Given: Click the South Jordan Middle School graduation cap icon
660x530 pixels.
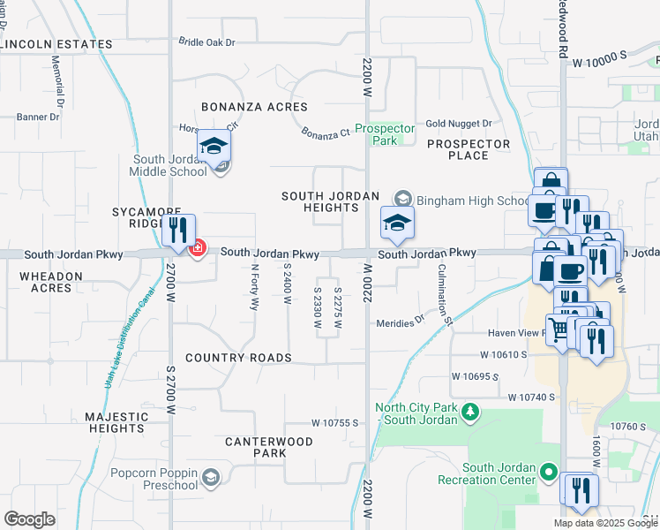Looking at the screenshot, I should [x=214, y=147].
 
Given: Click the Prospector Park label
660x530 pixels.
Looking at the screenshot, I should [x=385, y=134].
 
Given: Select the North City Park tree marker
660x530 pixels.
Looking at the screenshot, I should [x=471, y=411].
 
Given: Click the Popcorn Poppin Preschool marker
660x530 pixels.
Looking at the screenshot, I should [x=211, y=478].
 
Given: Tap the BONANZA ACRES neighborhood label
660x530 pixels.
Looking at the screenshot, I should [x=254, y=107].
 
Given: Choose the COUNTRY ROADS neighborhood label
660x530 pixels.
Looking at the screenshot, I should [x=238, y=358].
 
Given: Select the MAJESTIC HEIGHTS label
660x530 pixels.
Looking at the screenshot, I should [x=116, y=422].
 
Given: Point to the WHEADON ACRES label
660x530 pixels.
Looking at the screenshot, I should [x=51, y=282].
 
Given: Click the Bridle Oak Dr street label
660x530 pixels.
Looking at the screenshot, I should [x=207, y=42].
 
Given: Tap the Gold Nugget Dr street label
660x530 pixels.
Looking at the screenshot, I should [x=458, y=124].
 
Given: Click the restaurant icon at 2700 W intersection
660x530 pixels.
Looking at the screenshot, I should [x=179, y=231].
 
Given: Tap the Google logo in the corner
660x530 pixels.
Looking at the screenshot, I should [x=30, y=519].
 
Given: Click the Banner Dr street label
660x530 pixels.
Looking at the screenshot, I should [x=37, y=116].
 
